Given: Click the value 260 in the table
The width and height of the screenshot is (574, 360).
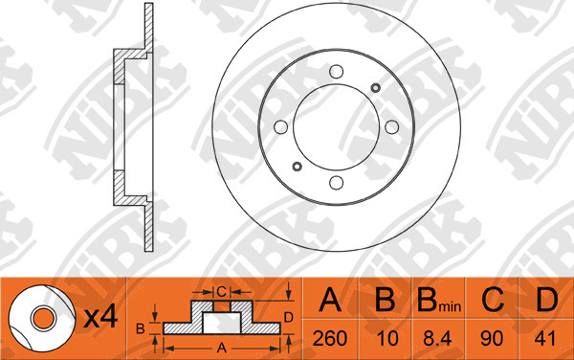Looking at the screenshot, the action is pyautogui.click(x=330, y=338).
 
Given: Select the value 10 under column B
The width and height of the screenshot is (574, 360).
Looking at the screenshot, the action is pyautogui.click(x=386, y=338).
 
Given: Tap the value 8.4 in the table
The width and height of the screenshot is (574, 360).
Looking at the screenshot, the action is pyautogui.click(x=437, y=338).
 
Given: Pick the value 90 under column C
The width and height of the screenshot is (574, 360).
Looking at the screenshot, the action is pyautogui.click(x=492, y=338).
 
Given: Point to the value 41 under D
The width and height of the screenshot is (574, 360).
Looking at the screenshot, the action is pyautogui.click(x=545, y=338).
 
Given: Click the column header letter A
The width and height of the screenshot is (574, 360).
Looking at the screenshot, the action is pyautogui.click(x=330, y=299).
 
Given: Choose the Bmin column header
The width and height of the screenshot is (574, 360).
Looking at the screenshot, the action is pyautogui.click(x=439, y=300).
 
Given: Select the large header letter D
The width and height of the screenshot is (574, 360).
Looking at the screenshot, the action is pyautogui.click(x=546, y=299).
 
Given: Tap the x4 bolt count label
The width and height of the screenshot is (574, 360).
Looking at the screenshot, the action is pyautogui.click(x=100, y=317).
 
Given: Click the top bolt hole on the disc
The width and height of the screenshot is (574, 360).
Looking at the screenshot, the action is pyautogui.click(x=336, y=72).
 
